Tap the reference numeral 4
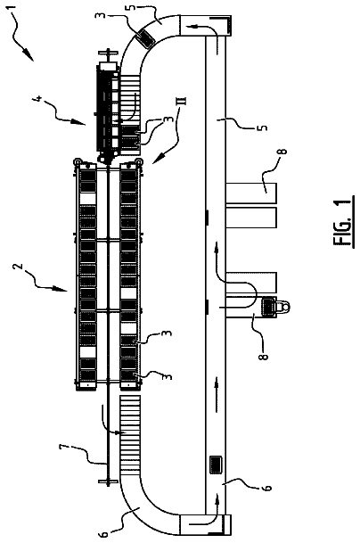[39, 99]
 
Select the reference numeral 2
[20, 267]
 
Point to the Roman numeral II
[183, 101]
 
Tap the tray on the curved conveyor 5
[145, 37]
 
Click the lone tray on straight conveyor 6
[217, 465]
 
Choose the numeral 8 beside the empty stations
[282, 152]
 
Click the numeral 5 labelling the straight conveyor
[264, 128]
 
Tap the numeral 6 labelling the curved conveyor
[103, 534]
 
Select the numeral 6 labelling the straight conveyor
[268, 488]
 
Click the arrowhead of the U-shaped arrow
[217, 246]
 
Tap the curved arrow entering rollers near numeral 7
[110, 422]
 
